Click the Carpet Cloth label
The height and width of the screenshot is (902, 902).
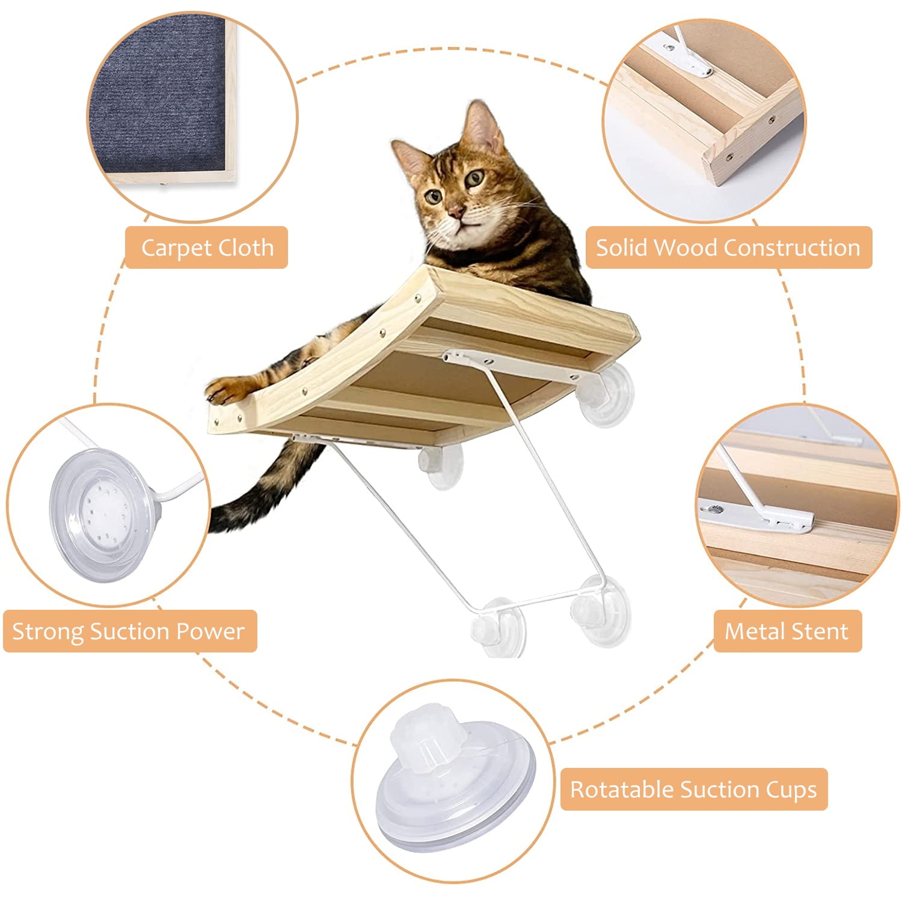point(206,247)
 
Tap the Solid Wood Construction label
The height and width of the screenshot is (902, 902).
point(728,247)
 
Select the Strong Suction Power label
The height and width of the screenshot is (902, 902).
point(129,631)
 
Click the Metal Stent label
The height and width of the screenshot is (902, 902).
point(787,631)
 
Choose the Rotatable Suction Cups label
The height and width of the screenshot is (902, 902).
point(693,789)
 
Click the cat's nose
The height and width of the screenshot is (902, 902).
point(456,211)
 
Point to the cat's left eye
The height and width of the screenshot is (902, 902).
point(474,178)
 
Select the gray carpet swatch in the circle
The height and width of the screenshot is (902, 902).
point(156,102)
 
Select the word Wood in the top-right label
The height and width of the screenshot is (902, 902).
point(686,247)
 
